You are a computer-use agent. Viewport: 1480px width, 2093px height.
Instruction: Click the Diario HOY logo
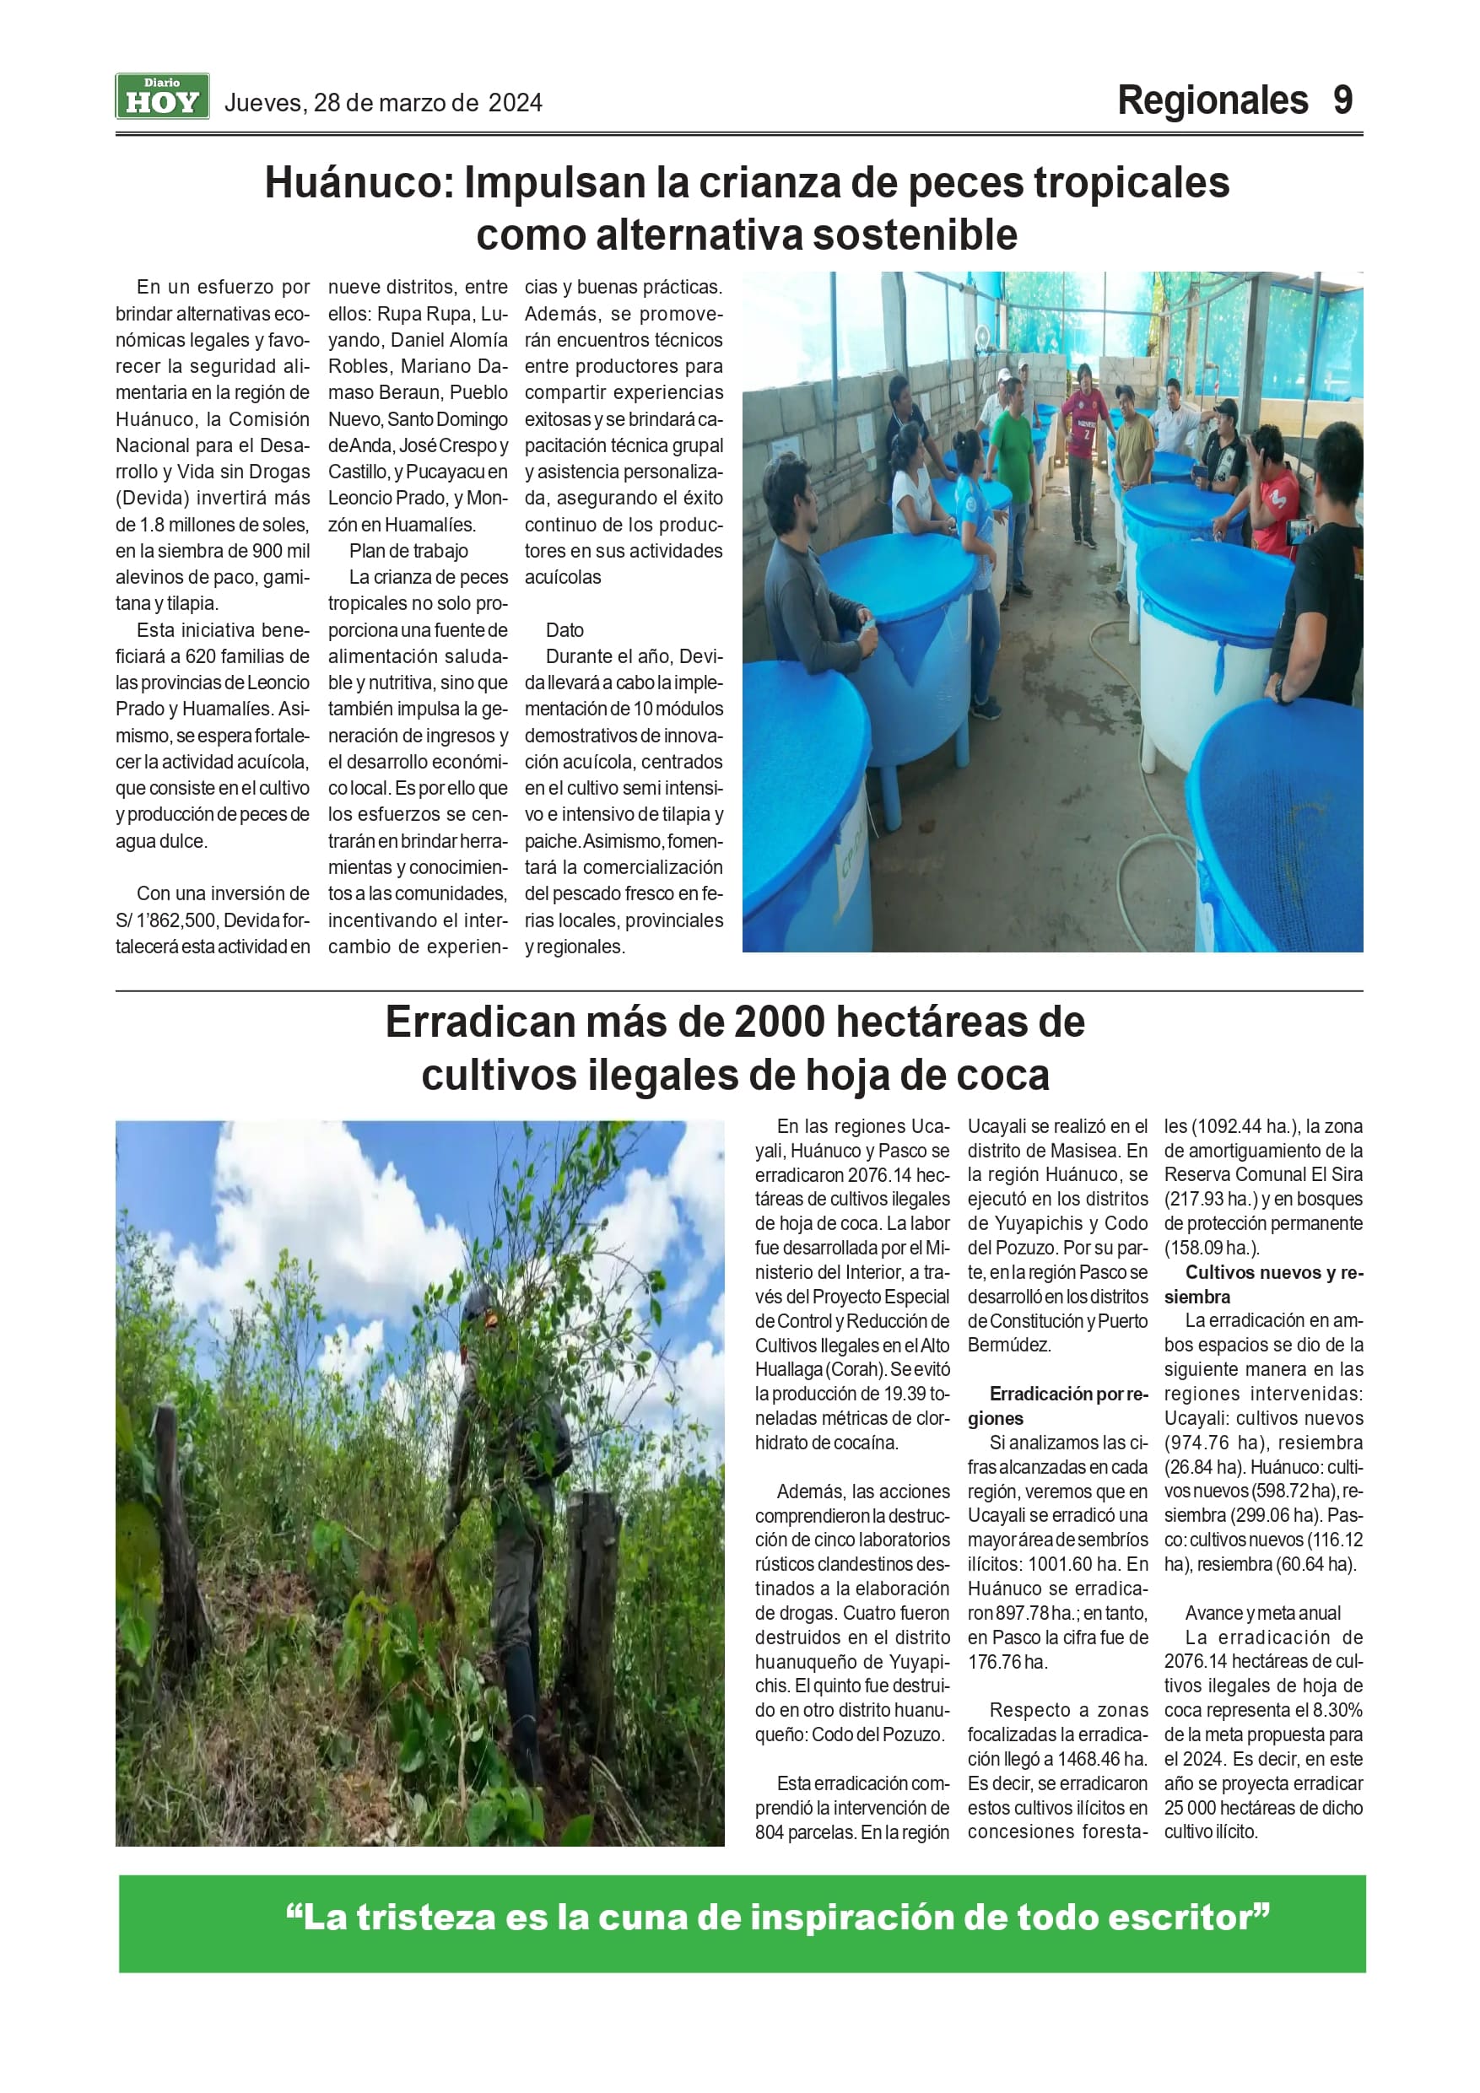pos(162,97)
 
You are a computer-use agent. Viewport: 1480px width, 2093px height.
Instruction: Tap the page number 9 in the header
pos(1342,100)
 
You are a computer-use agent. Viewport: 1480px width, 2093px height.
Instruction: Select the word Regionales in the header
pos(1212,100)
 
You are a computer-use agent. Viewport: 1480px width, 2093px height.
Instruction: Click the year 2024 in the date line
pos(516,103)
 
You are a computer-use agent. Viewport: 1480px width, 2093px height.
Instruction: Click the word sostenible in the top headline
pos(915,235)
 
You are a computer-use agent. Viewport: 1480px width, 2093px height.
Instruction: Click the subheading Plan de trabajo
pos(408,551)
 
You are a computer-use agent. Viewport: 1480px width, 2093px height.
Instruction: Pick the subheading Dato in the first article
pos(564,630)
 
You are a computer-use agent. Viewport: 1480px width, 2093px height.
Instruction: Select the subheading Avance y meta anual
pos(1263,1614)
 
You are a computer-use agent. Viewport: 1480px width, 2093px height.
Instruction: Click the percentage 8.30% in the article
pos(1337,1710)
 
